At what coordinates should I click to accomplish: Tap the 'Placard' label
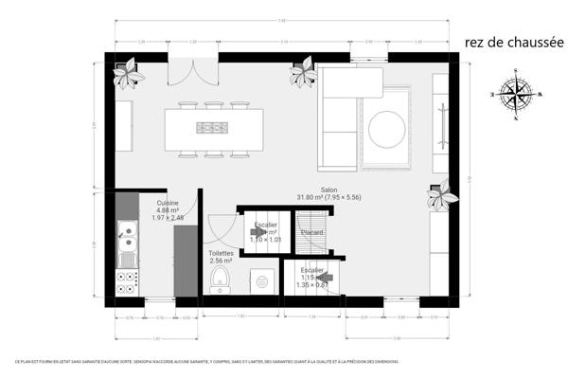[311, 232]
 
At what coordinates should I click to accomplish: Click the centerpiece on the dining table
[212, 127]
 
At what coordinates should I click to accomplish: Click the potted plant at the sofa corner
[303, 71]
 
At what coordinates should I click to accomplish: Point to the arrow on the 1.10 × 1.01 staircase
[258, 230]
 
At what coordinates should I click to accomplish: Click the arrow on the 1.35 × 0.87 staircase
[323, 277]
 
